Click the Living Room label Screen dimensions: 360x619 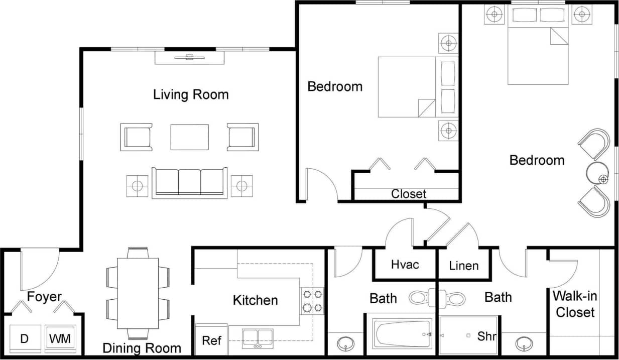[x=191, y=94]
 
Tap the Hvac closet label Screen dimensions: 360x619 [x=405, y=264]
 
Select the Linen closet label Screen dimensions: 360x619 [x=463, y=265]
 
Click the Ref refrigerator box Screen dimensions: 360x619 [x=211, y=340]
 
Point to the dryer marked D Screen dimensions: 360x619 [x=24, y=339]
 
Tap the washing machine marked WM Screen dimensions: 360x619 [x=60, y=339]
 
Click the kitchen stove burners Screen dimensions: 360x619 [x=312, y=300]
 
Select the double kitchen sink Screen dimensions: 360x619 [x=258, y=337]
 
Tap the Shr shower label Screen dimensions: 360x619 [x=486, y=336]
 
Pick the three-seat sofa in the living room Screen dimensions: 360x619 [x=190, y=183]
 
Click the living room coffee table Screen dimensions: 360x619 [x=189, y=137]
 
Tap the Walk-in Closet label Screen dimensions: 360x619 [x=575, y=304]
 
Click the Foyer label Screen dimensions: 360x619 [x=44, y=297]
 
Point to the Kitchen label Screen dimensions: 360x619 [x=255, y=300]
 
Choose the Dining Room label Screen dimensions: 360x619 [x=142, y=348]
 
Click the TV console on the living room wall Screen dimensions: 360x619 [x=189, y=58]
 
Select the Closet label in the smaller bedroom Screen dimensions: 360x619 [x=409, y=194]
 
